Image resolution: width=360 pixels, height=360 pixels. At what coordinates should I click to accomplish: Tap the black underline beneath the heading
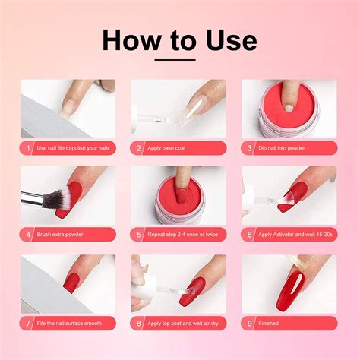pyautogui.click(x=179, y=59)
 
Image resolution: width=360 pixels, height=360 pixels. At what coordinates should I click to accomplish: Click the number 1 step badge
pyautogui.click(x=28, y=148)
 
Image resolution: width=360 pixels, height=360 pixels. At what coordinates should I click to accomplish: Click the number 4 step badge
pyautogui.click(x=28, y=235)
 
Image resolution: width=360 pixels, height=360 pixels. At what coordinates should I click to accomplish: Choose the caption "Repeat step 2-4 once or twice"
pyautogui.click(x=183, y=235)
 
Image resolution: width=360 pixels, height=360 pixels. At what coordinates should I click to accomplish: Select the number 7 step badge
pyautogui.click(x=28, y=323)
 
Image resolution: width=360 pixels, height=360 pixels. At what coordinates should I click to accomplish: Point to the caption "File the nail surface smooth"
pyautogui.click(x=71, y=323)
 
